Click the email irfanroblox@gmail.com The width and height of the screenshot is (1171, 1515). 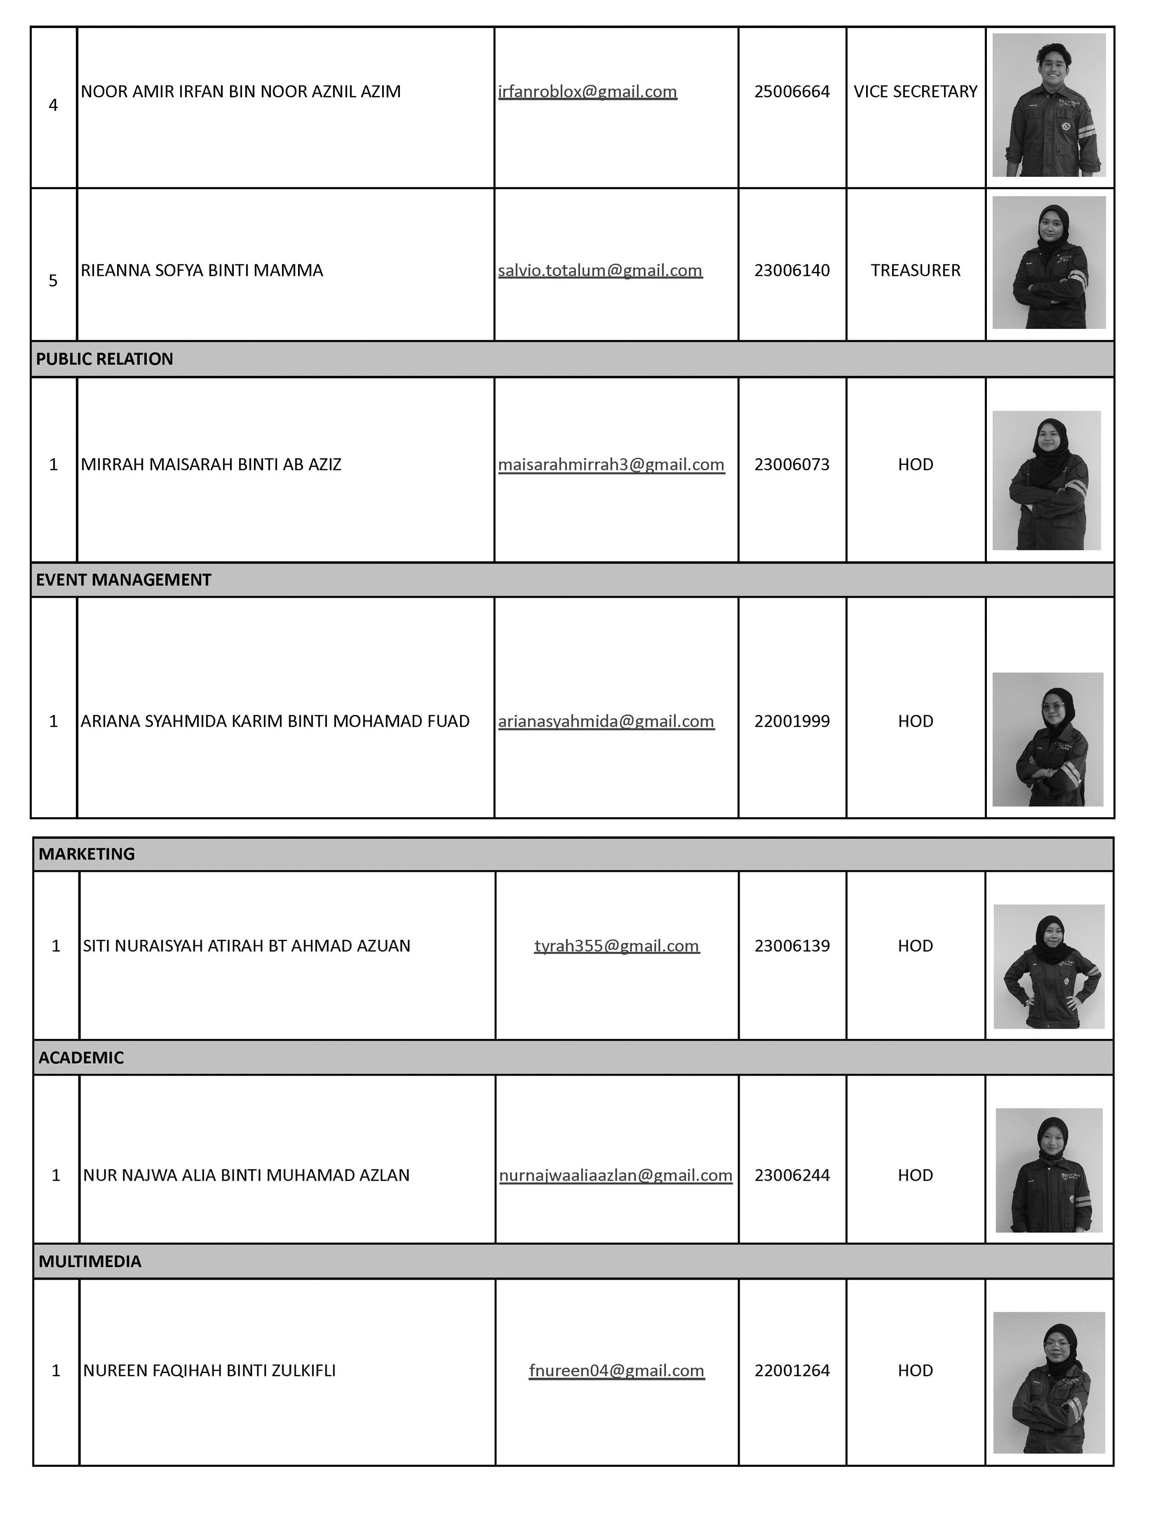[587, 91]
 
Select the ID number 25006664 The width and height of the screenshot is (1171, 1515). [792, 91]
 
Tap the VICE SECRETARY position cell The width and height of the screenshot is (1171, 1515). [915, 91]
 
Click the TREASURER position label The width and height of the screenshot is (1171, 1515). [915, 270]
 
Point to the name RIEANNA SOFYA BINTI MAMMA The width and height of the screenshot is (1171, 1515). [202, 270]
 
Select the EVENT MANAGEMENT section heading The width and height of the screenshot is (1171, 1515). [124, 580]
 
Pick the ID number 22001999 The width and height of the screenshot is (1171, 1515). [792, 721]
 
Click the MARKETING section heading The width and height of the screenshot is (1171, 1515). [87, 854]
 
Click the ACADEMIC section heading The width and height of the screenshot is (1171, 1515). [81, 1058]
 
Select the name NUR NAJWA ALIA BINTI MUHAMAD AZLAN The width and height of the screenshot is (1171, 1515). [246, 1175]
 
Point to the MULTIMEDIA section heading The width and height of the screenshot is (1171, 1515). [90, 1262]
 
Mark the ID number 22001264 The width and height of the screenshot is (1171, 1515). [792, 1371]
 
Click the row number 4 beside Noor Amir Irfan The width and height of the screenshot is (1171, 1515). [53, 106]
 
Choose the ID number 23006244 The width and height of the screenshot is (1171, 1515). [792, 1175]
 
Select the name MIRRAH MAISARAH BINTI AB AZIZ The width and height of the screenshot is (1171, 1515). [211, 465]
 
